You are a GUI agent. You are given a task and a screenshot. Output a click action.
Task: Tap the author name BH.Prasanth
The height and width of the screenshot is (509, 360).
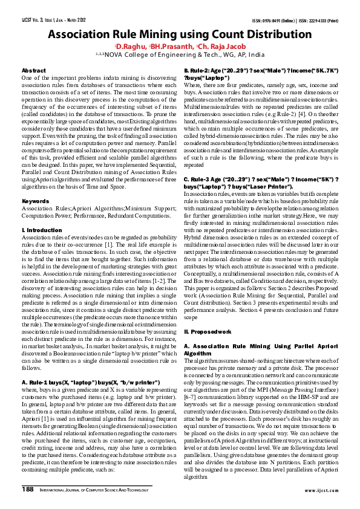pos(170,46)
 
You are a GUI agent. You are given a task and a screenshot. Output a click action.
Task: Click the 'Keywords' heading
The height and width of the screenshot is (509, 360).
pos(35,199)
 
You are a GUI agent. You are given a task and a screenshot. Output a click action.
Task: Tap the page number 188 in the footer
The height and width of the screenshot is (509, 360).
pos(28,489)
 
